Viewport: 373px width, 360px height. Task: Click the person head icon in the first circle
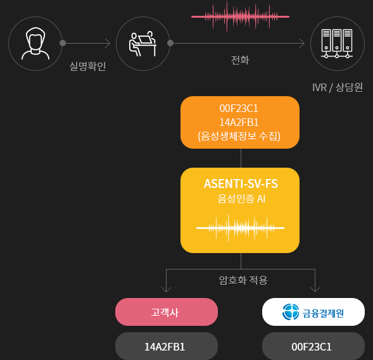click(35, 44)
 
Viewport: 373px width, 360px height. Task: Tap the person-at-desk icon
click(142, 44)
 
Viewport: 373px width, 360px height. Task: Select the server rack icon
click(337, 44)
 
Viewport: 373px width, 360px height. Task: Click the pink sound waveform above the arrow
click(240, 16)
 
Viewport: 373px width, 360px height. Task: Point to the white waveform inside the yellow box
click(240, 228)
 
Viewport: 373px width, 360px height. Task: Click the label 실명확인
click(87, 66)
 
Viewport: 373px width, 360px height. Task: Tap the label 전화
click(240, 60)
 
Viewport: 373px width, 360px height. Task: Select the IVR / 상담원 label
click(338, 87)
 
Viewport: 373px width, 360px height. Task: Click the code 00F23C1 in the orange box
click(239, 109)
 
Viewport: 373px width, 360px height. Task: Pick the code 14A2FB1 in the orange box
click(239, 122)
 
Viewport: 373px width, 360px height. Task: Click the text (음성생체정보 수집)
click(239, 136)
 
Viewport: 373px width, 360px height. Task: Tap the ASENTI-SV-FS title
click(241, 183)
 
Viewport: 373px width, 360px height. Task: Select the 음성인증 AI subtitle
click(241, 199)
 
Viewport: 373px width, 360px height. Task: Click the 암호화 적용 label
click(243, 280)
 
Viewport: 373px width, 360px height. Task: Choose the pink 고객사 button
click(167, 312)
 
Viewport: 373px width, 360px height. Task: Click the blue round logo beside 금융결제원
click(291, 312)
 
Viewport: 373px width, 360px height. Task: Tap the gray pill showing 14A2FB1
click(167, 346)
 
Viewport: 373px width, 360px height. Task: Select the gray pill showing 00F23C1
click(313, 346)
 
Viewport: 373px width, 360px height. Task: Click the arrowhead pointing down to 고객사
click(167, 290)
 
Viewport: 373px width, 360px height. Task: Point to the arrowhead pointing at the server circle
click(302, 44)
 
